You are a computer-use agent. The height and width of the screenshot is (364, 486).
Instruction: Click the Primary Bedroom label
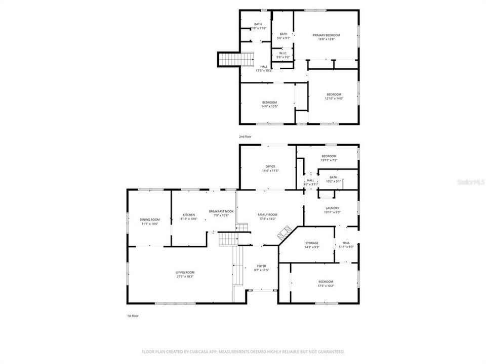326,35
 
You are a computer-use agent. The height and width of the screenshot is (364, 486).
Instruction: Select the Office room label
270,166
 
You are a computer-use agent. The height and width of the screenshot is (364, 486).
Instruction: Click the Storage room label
311,243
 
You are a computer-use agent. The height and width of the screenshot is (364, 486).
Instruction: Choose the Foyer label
261,266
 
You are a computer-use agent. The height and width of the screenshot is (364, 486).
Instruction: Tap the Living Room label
185,272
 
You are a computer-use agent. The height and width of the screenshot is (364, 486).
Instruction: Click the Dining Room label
149,219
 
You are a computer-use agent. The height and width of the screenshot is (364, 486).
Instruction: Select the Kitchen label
188,215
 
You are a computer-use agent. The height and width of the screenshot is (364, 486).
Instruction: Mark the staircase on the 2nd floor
236,59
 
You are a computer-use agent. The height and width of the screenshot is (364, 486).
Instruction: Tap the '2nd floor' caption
245,136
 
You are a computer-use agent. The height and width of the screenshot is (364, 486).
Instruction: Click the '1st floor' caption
133,315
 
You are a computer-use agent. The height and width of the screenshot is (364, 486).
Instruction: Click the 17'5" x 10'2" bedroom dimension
326,286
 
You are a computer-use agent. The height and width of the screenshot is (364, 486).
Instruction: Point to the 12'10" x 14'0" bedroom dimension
334,99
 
